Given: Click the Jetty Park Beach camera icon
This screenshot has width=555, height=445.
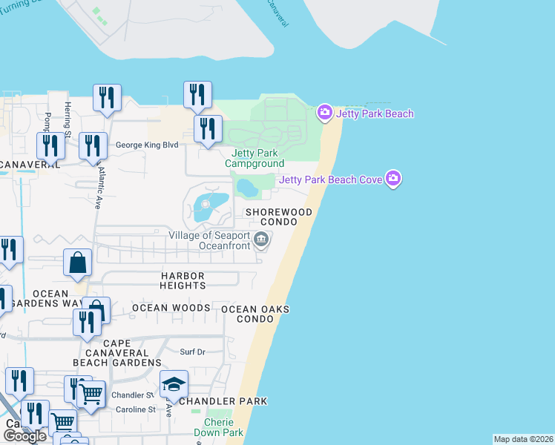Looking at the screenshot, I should [324, 113].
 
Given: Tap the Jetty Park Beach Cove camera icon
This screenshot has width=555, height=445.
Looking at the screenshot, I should [393, 179].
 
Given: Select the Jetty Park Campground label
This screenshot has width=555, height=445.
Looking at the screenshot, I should [254, 158].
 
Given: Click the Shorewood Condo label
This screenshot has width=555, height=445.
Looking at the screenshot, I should [279, 217].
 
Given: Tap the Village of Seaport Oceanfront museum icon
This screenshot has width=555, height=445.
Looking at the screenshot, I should [261, 239].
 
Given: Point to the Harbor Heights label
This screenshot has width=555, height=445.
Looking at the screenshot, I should [183, 280].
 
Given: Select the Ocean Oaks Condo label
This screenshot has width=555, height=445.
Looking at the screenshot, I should [254, 314].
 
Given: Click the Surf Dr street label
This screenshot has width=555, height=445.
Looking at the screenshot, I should [193, 351].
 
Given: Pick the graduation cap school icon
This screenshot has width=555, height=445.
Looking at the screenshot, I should [174, 384].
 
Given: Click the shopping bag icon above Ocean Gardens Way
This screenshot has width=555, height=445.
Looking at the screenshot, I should [78, 263].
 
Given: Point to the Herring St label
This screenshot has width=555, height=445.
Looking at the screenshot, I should [68, 119].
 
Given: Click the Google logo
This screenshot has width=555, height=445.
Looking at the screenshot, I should [24, 436].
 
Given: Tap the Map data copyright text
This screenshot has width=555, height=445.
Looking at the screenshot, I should [522, 439].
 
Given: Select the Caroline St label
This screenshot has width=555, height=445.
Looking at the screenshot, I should [134, 409].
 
